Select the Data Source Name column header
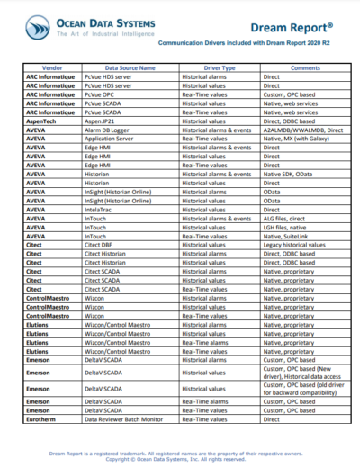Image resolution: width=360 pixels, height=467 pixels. coord(130,67)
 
